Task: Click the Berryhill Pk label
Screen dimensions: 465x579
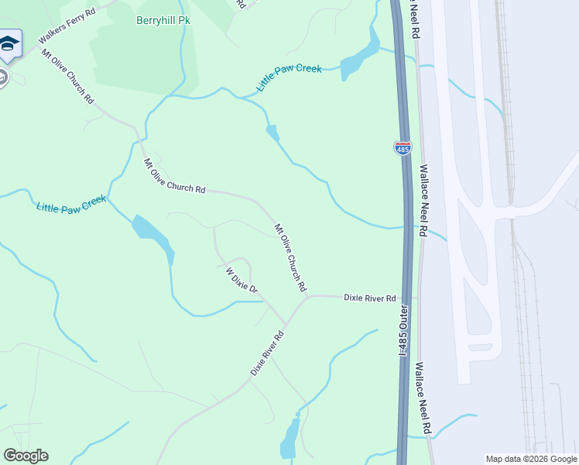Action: point(163,20)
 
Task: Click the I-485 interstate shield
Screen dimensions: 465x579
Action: point(403,148)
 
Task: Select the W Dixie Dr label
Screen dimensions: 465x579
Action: point(241,280)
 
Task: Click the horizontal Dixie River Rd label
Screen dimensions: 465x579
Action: point(369,298)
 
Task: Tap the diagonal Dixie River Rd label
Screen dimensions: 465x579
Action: point(268,354)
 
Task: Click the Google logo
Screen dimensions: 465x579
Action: point(26,456)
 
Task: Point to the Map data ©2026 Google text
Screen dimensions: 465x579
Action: point(531,459)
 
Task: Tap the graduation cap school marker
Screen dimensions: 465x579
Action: point(8,44)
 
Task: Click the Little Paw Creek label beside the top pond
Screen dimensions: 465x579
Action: point(289,78)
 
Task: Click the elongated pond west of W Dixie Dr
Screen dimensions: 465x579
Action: point(153,236)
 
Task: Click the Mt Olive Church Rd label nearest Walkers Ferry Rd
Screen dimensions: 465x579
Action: point(67,77)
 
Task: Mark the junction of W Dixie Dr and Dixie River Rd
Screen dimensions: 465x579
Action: point(286,324)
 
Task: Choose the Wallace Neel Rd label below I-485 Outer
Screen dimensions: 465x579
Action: point(423,398)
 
